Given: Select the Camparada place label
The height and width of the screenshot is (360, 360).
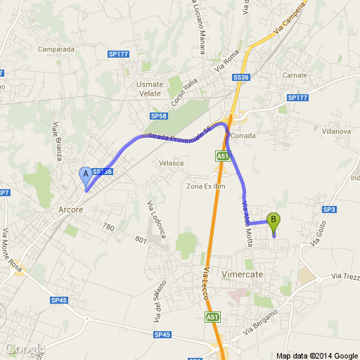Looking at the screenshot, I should tap(56, 49).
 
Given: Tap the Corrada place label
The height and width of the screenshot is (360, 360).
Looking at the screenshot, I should tap(262, 136).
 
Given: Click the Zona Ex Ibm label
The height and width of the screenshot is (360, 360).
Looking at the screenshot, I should tap(205, 186).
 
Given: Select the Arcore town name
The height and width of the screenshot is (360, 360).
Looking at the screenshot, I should tap(70, 210).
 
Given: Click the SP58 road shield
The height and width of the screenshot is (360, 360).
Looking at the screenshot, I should tap(158, 116).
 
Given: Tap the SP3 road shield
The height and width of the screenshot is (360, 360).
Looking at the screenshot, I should tap(330, 210).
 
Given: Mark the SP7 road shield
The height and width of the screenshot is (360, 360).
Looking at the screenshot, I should tap(4, 193).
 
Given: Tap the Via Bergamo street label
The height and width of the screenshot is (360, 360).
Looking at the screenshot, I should tap(260, 321).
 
